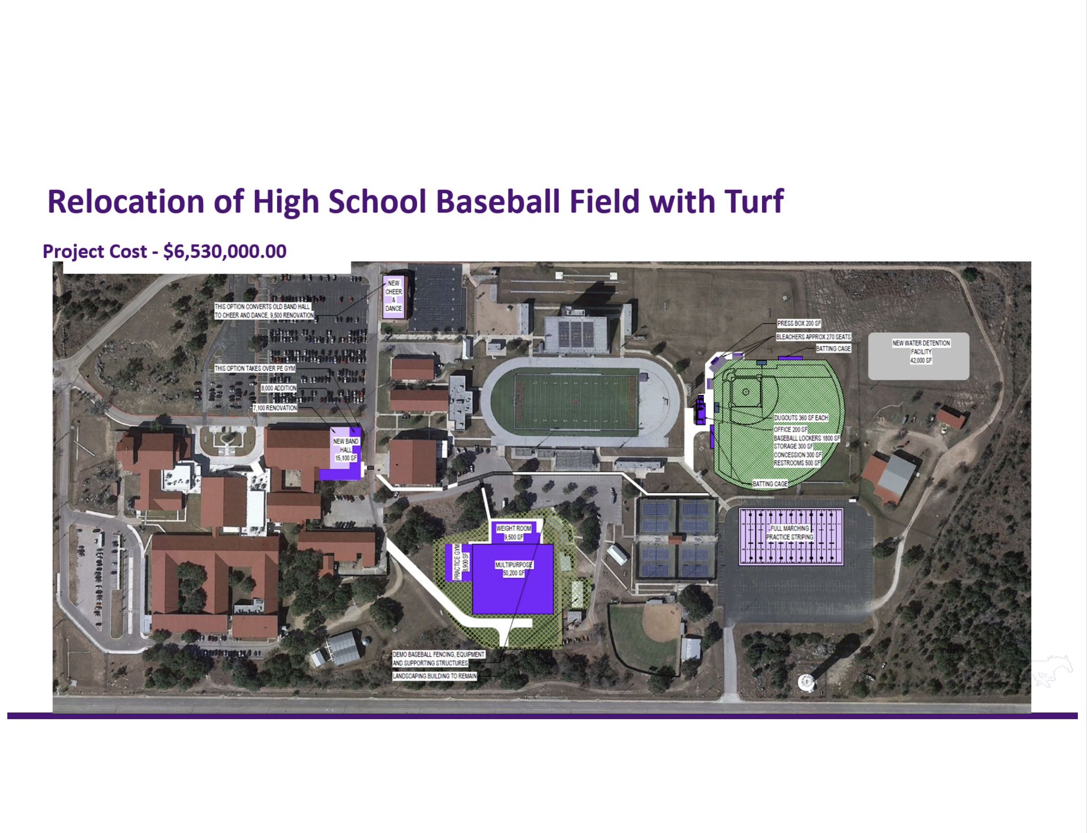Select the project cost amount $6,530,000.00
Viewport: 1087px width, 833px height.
pyautogui.click(x=225, y=251)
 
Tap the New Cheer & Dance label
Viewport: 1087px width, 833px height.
pyautogui.click(x=393, y=296)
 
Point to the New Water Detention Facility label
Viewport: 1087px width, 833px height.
pyautogui.click(x=921, y=352)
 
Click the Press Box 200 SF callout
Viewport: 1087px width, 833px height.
pyautogui.click(x=799, y=323)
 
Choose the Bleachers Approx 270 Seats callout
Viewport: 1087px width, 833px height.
pyautogui.click(x=813, y=336)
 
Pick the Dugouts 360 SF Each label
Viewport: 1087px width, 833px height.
pyautogui.click(x=801, y=418)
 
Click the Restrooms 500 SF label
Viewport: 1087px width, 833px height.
pyautogui.click(x=798, y=463)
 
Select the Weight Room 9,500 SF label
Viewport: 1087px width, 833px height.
pyautogui.click(x=513, y=533)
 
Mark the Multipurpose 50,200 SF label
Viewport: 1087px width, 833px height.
pyautogui.click(x=513, y=569)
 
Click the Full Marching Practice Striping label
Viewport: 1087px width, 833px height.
pyautogui.click(x=790, y=533)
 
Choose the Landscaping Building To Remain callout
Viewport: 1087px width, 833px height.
pyautogui.click(x=435, y=676)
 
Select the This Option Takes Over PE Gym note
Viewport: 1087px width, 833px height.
pyautogui.click(x=254, y=369)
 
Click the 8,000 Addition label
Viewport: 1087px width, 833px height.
pyautogui.click(x=279, y=388)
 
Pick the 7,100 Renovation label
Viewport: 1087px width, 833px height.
pyautogui.click(x=275, y=407)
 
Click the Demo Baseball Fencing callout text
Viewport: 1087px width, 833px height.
pyautogui.click(x=439, y=658)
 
